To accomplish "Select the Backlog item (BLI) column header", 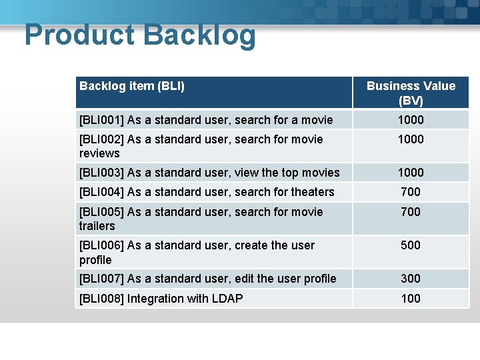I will pyautogui.click(x=132, y=86).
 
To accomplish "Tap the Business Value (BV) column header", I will pyautogui.click(x=411, y=93).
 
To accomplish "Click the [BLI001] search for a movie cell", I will pyautogui.click(x=206, y=120).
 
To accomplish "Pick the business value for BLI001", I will pyautogui.click(x=411, y=120).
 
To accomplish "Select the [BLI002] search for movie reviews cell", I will pyautogui.click(x=201, y=146).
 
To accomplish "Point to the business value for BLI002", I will pyautogui.click(x=411, y=139).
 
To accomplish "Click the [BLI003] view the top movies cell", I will pyautogui.click(x=209, y=173).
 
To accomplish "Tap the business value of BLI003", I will pyautogui.click(x=411, y=173).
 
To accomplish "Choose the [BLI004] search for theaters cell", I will pyautogui.click(x=207, y=192).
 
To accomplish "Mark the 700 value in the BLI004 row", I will pyautogui.click(x=411, y=192).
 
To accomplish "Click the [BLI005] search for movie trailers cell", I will pyautogui.click(x=201, y=219).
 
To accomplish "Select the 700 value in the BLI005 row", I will pyautogui.click(x=411, y=212).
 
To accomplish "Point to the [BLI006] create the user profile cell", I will pyautogui.click(x=197, y=252).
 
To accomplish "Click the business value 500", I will pyautogui.click(x=411, y=245).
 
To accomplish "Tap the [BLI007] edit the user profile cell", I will pyautogui.click(x=207, y=279).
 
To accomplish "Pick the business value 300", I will pyautogui.click(x=411, y=279).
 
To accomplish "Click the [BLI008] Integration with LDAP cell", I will pyautogui.click(x=161, y=299).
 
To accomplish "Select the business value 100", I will pyautogui.click(x=411, y=299).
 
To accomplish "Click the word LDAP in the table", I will pyautogui.click(x=227, y=299).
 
